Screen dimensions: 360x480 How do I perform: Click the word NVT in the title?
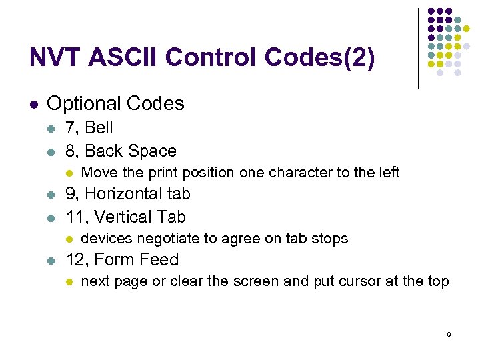(x=50, y=57)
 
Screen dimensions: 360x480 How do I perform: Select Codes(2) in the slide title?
(x=319, y=57)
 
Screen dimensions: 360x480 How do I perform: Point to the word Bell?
(x=99, y=127)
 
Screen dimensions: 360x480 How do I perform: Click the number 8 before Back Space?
(x=70, y=151)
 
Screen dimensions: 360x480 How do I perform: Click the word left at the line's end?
(x=387, y=172)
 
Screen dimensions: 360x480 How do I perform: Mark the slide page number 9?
(x=449, y=334)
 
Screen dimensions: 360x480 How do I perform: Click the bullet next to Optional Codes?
(x=33, y=104)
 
